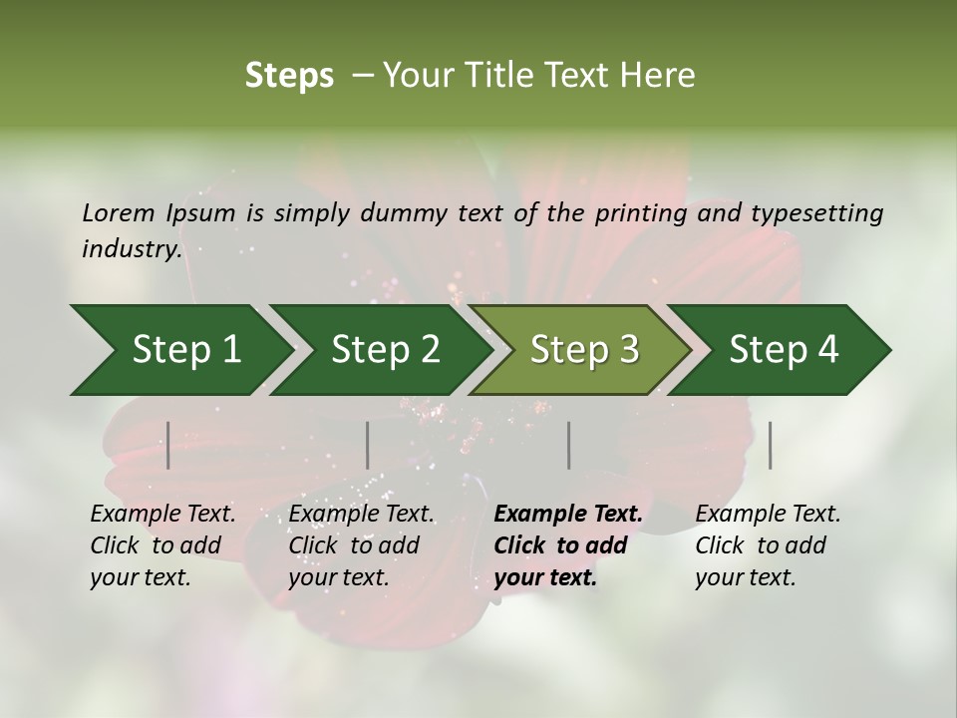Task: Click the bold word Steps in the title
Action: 289,76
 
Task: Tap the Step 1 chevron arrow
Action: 179,350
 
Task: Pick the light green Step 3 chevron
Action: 582,350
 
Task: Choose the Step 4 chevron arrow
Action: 783,350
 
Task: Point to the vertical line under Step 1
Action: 168,445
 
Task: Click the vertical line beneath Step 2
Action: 368,445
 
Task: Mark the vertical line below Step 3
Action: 568,445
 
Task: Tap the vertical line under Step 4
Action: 770,445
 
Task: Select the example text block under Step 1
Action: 162,545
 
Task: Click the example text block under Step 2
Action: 361,545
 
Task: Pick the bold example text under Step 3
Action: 568,545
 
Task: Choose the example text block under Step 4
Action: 768,545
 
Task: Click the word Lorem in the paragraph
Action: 119,213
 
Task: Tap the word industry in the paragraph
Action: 131,249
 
